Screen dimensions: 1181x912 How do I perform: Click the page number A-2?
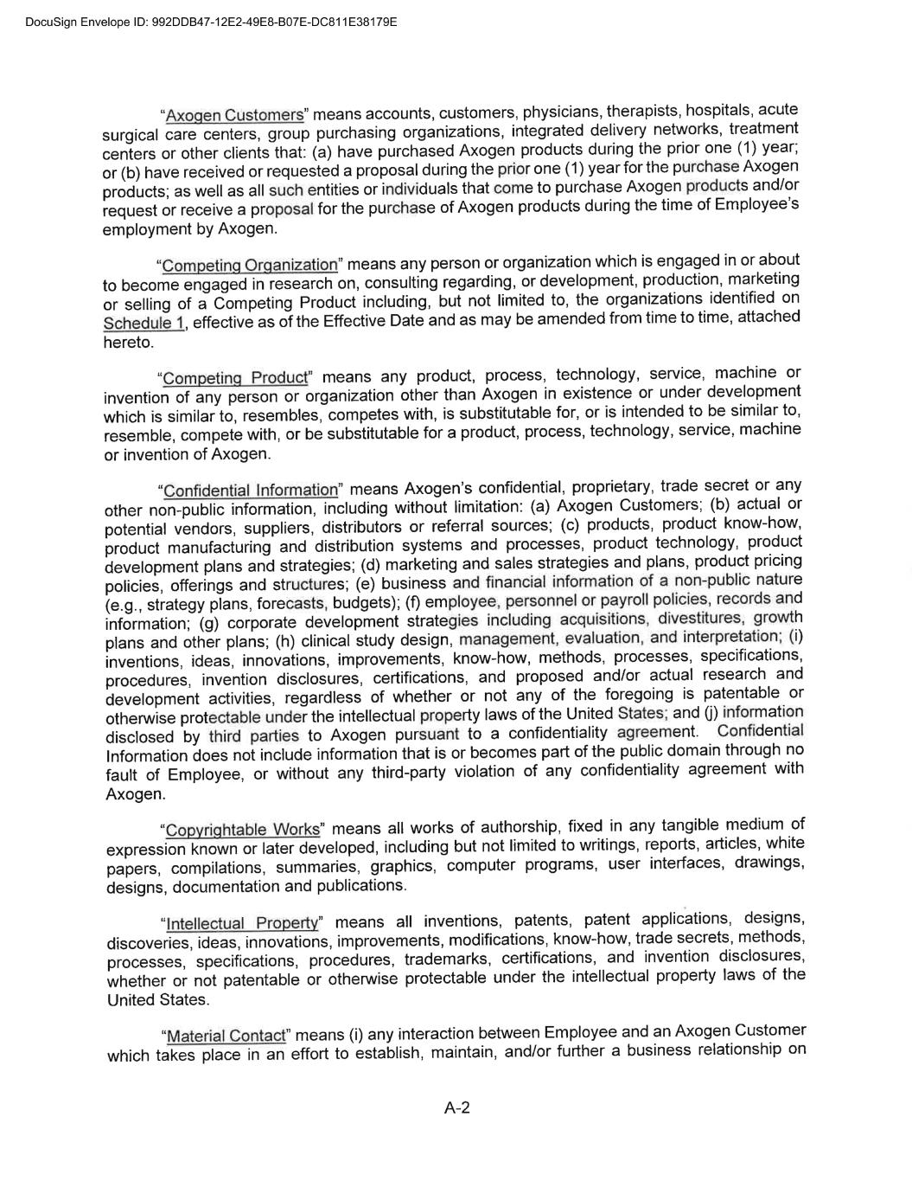tap(456, 1107)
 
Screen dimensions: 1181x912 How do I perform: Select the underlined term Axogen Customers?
tap(234, 115)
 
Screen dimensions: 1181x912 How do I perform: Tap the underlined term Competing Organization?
tap(250, 265)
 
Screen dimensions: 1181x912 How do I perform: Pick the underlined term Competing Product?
tap(235, 378)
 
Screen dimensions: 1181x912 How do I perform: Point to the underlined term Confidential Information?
tap(251, 491)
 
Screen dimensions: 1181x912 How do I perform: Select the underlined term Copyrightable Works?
tap(242, 830)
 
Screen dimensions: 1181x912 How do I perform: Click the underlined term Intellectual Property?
tap(242, 923)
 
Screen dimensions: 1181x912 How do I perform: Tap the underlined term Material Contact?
tap(226, 1036)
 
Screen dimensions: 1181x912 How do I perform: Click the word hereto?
tap(128, 343)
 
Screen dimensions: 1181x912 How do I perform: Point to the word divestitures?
tap(699, 619)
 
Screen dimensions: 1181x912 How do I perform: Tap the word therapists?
tap(642, 111)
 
